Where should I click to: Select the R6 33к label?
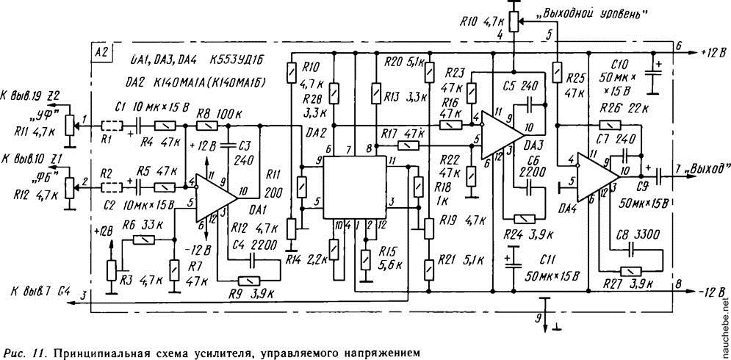[137, 225]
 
